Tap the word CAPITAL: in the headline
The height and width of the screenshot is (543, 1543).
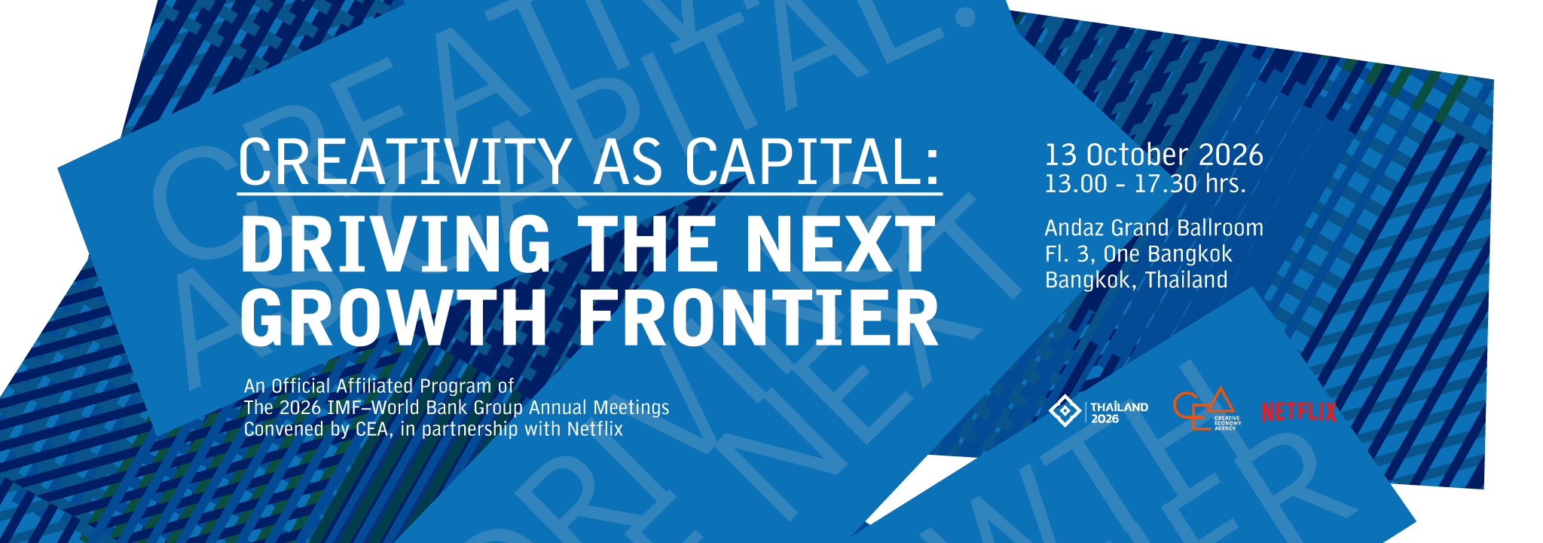click(x=813, y=161)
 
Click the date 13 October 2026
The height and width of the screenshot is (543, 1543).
click(x=1153, y=155)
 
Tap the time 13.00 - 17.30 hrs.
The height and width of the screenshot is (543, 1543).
click(x=1145, y=183)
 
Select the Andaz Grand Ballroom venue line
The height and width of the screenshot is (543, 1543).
click(x=1154, y=228)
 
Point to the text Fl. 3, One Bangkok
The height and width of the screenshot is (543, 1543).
click(x=1138, y=254)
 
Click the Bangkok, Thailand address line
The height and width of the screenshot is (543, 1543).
click(x=1136, y=280)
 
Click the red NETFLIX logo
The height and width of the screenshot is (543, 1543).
click(x=1299, y=412)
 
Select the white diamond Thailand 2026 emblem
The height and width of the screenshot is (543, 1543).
click(x=1065, y=410)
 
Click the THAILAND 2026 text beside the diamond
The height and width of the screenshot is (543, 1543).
click(x=1120, y=413)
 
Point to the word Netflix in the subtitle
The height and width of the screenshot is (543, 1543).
click(x=595, y=429)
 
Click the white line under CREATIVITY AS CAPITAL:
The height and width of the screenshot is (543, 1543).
click(x=590, y=194)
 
